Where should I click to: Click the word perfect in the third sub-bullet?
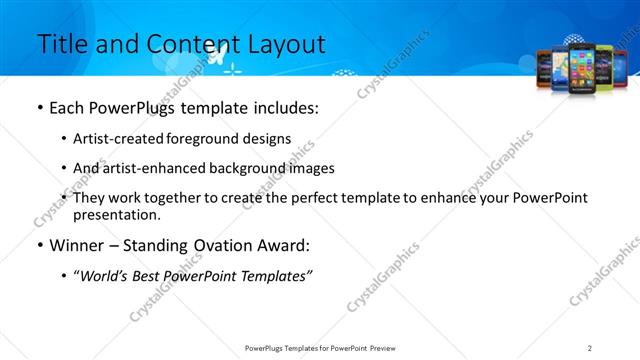pos(314,198)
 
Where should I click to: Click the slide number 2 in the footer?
pos(590,347)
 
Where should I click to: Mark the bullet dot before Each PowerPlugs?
pos(39,108)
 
